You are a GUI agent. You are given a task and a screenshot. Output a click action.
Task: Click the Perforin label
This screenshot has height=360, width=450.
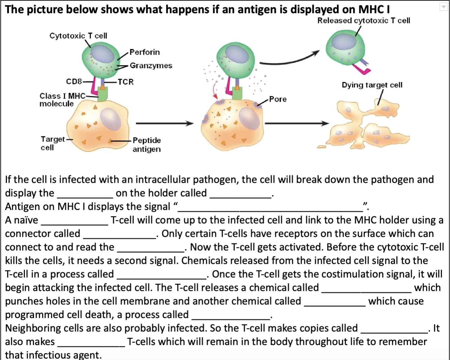(x=145, y=52)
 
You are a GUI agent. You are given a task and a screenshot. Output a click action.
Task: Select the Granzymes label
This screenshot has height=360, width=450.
(x=151, y=66)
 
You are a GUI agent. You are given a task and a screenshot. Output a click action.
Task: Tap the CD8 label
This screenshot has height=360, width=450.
(x=74, y=81)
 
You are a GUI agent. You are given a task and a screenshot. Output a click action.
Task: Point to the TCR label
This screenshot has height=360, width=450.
(x=126, y=82)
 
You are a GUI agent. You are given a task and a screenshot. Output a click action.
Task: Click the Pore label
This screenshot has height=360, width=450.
(x=278, y=99)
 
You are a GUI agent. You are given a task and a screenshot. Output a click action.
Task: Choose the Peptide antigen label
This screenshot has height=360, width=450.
(x=147, y=145)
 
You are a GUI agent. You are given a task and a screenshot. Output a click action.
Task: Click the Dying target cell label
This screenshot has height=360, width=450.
(x=372, y=85)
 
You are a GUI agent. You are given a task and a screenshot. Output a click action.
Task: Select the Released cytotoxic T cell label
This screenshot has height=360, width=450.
(x=364, y=20)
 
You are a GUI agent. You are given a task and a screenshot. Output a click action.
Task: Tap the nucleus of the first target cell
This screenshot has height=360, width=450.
(x=111, y=119)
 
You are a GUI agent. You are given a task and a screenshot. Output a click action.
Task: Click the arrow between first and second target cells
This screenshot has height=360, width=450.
(x=164, y=124)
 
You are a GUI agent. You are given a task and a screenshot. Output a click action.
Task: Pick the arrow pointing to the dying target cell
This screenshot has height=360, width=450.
(x=296, y=124)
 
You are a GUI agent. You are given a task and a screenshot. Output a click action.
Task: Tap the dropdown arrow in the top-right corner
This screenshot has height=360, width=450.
(x=444, y=7)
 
